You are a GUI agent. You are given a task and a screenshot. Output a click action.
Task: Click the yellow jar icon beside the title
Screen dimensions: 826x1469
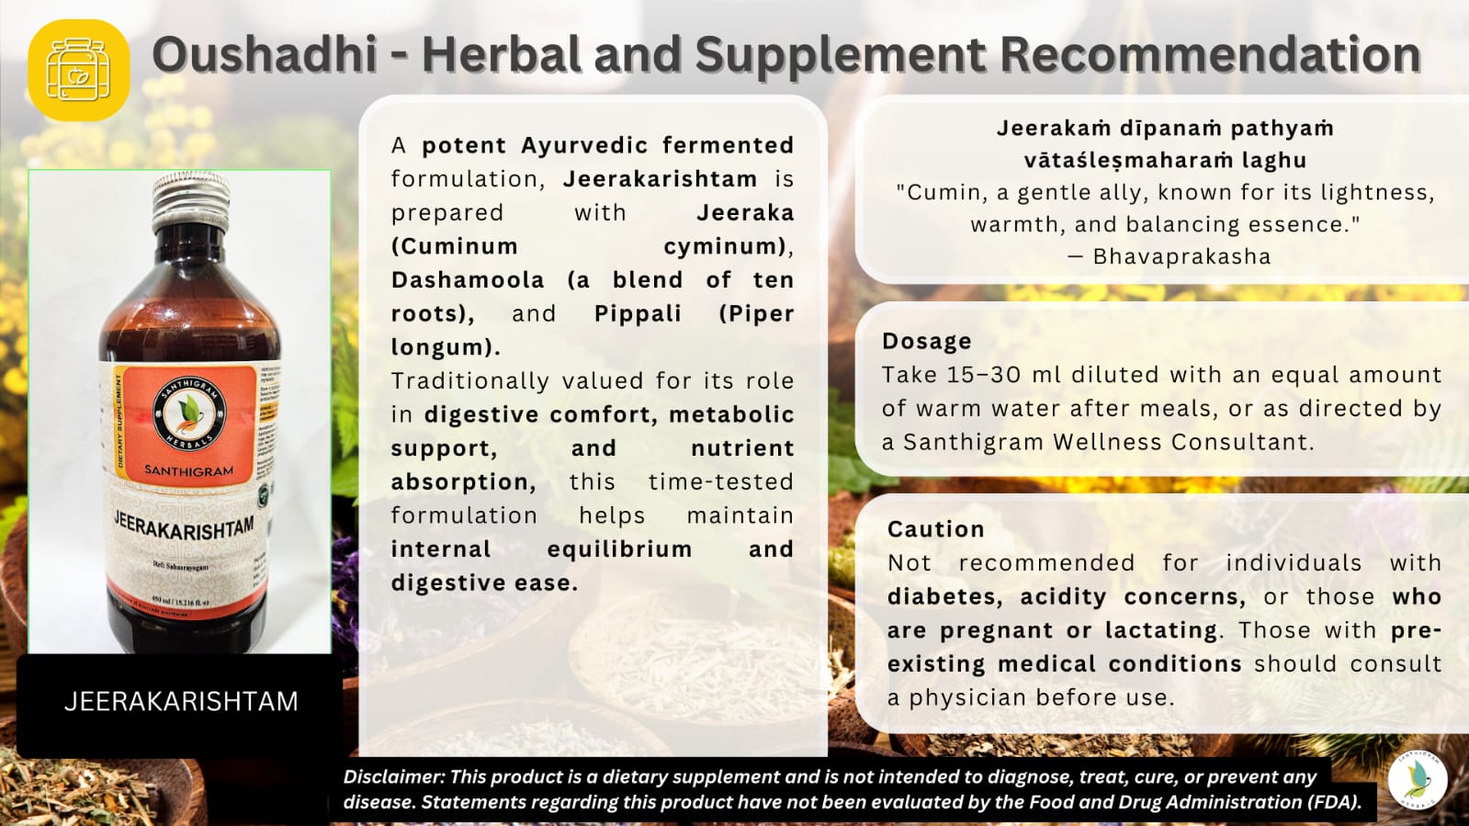[x=78, y=70]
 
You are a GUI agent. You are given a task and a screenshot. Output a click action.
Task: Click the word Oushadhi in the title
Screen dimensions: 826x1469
[x=265, y=55]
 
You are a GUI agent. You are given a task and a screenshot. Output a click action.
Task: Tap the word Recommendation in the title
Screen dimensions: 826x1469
[x=1210, y=55]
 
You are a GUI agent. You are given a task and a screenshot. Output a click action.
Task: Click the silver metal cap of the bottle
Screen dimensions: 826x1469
[x=190, y=200]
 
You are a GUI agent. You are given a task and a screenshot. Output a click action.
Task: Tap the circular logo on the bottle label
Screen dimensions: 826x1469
[x=190, y=415]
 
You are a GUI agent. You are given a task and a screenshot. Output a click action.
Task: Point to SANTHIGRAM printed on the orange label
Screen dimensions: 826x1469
[x=189, y=470]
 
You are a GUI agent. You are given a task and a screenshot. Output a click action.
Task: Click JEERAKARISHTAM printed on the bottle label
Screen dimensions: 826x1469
[x=184, y=527]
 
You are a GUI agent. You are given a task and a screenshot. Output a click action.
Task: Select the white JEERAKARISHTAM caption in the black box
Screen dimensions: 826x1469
[x=181, y=702]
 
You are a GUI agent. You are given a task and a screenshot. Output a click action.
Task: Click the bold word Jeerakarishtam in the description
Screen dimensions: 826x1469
[x=660, y=179]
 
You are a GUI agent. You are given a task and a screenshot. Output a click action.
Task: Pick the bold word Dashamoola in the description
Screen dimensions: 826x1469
[x=468, y=280]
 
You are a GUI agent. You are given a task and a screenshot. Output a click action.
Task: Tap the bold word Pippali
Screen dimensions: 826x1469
[x=638, y=314]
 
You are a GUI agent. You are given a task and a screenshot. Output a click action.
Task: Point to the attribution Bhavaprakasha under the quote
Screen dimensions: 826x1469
[x=1181, y=257]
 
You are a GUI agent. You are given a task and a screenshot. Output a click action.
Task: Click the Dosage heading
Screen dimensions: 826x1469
[x=926, y=342]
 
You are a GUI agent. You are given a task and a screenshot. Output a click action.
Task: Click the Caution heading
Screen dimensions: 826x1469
[x=935, y=530]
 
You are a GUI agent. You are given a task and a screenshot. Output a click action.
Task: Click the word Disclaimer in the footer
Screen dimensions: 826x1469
[x=394, y=777]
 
